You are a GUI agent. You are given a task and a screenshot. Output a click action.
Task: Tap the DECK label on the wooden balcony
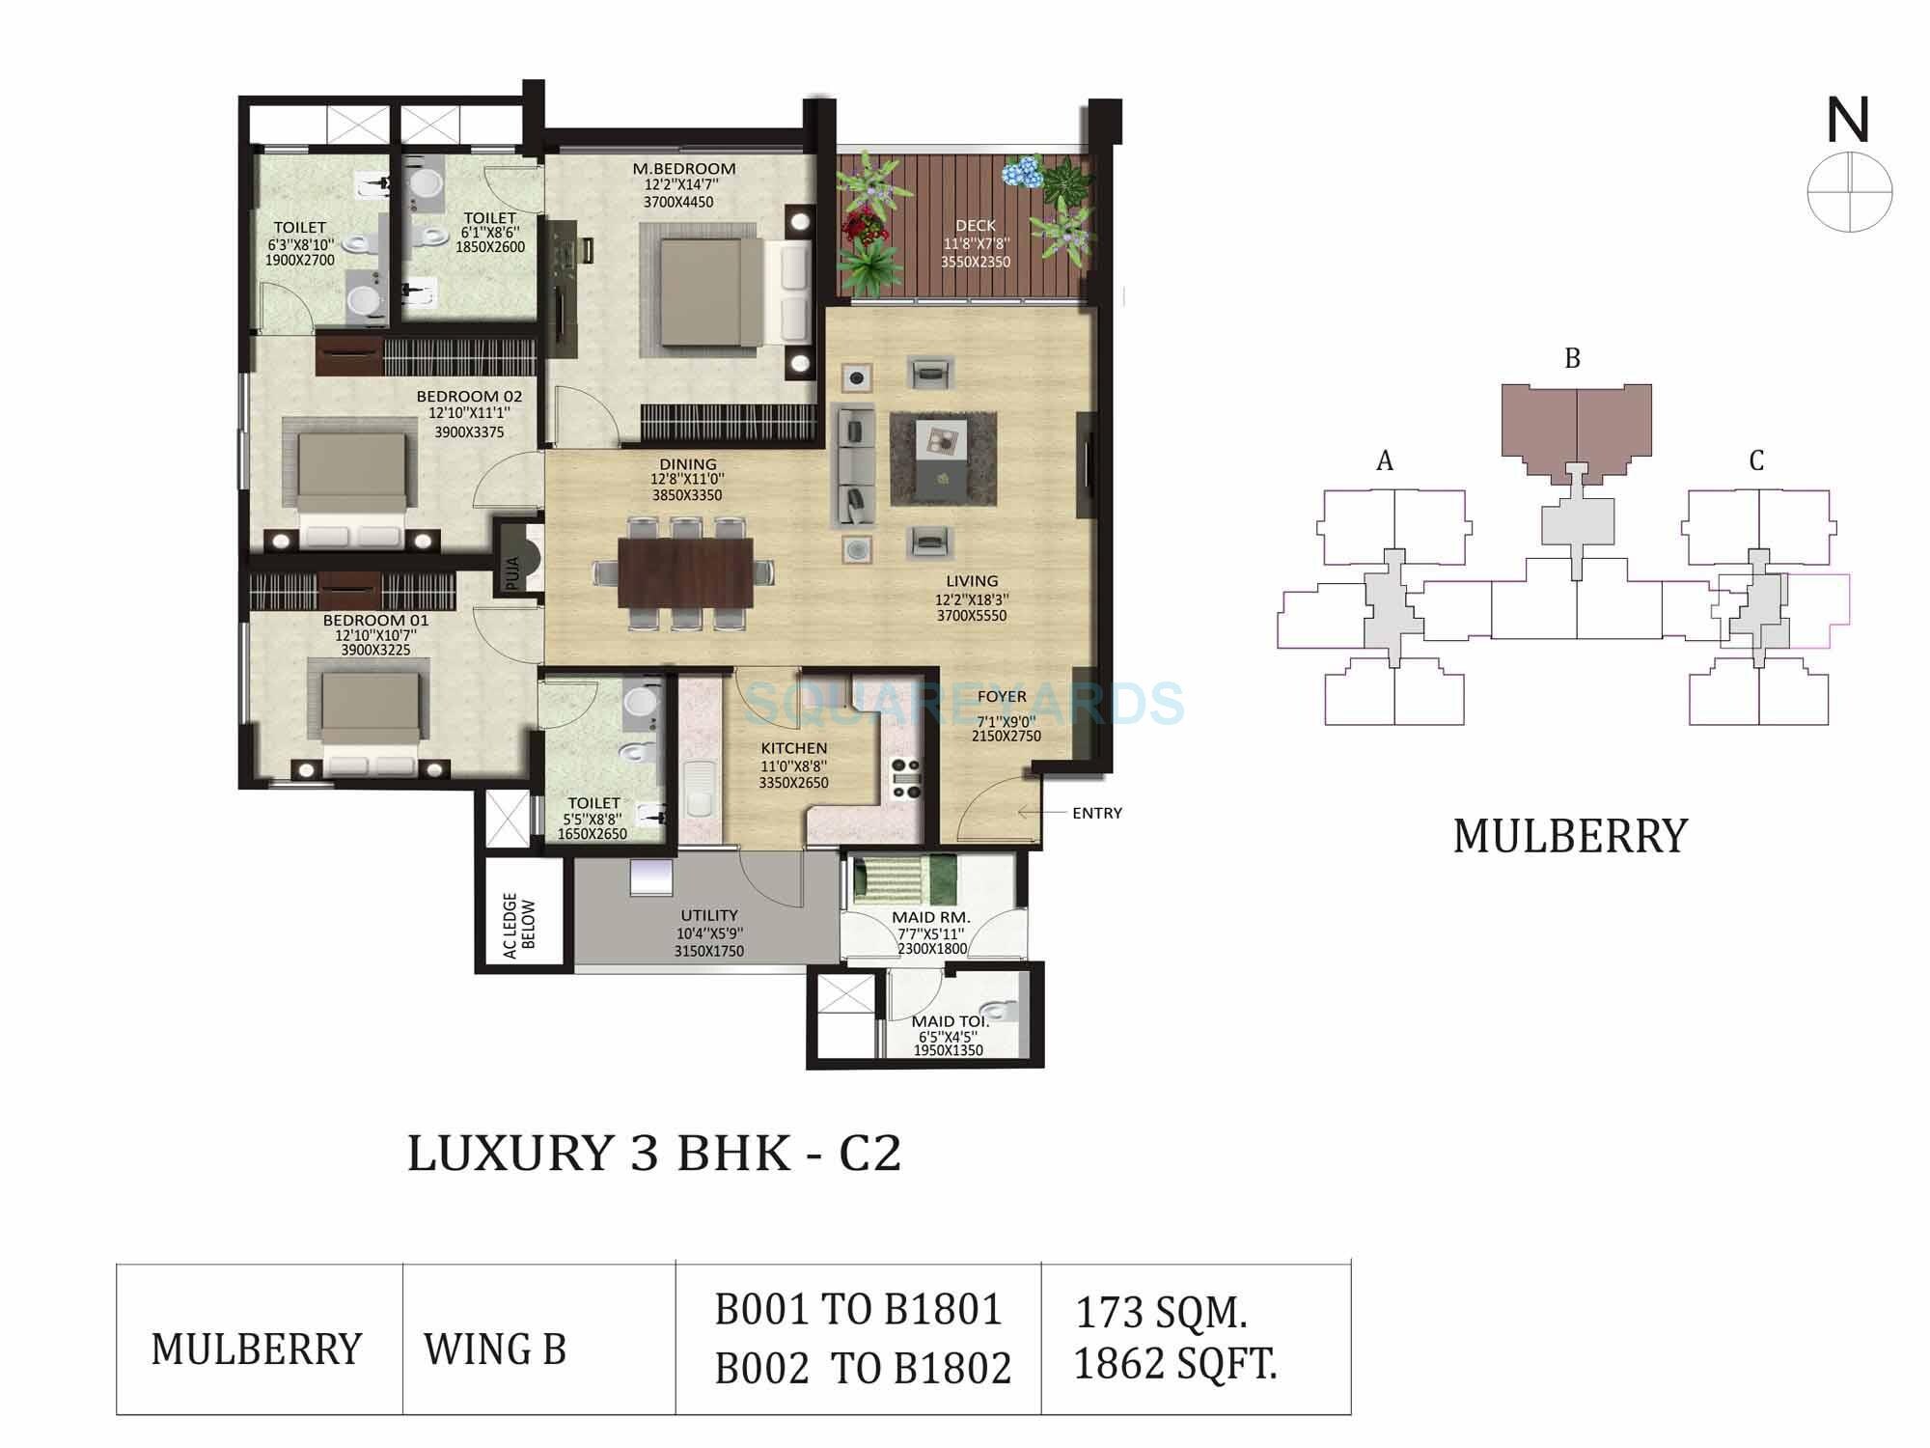[975, 226]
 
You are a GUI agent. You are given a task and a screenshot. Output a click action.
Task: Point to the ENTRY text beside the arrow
[1097, 813]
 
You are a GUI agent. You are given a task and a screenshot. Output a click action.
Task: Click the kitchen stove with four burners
[906, 779]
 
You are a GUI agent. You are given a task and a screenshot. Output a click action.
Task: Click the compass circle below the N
[1849, 191]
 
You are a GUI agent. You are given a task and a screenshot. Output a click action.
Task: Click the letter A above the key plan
[1385, 461]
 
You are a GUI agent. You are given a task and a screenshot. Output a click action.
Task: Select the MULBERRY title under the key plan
[1570, 837]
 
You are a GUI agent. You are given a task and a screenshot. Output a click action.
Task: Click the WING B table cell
[495, 1350]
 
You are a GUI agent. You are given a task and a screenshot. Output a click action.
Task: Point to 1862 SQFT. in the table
[1174, 1364]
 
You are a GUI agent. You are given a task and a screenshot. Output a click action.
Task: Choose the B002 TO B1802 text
[863, 1369]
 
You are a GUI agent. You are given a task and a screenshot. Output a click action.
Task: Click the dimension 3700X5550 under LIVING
[972, 615]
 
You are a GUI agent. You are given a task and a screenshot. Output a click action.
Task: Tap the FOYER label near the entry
[1002, 696]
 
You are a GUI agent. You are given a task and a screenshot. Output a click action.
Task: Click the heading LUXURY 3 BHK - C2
[654, 1154]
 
